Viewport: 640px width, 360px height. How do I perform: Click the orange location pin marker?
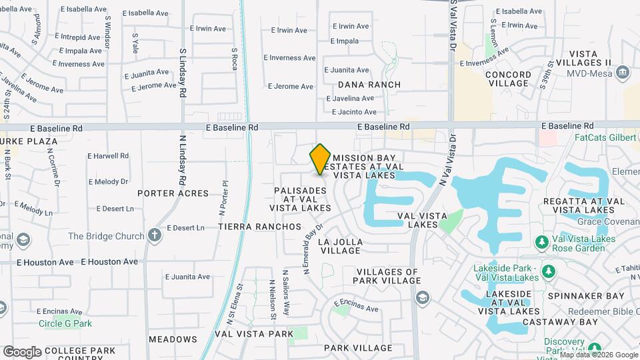pos(320,159)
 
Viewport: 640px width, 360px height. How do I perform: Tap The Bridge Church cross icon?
pos(155,235)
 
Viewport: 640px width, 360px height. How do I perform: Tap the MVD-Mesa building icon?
pos(623,71)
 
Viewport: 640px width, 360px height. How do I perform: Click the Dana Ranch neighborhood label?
pos(369,85)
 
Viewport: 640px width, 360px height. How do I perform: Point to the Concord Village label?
pos(508,79)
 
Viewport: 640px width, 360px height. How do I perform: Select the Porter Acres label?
pos(173,193)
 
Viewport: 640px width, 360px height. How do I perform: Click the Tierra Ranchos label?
pos(260,227)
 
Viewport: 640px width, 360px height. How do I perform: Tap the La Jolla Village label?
pos(341,246)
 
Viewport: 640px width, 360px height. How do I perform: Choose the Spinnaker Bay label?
pos(586,295)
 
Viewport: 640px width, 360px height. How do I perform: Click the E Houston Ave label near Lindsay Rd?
pos(109,262)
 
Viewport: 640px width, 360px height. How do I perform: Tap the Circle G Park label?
pos(65,324)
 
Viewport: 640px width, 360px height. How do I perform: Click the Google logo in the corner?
pos(22,351)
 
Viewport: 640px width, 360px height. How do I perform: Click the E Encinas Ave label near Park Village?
pos(357,309)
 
